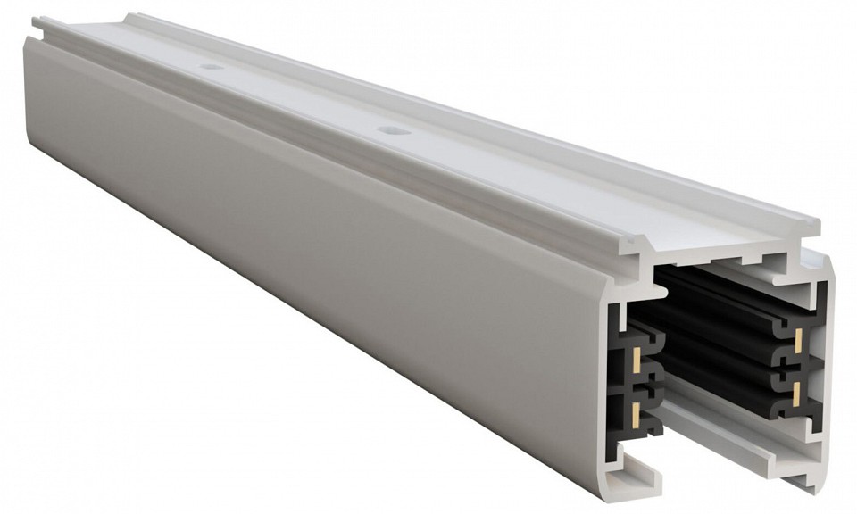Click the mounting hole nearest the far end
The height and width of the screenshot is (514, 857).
click(211, 67)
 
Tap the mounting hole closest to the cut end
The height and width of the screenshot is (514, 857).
click(390, 130)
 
